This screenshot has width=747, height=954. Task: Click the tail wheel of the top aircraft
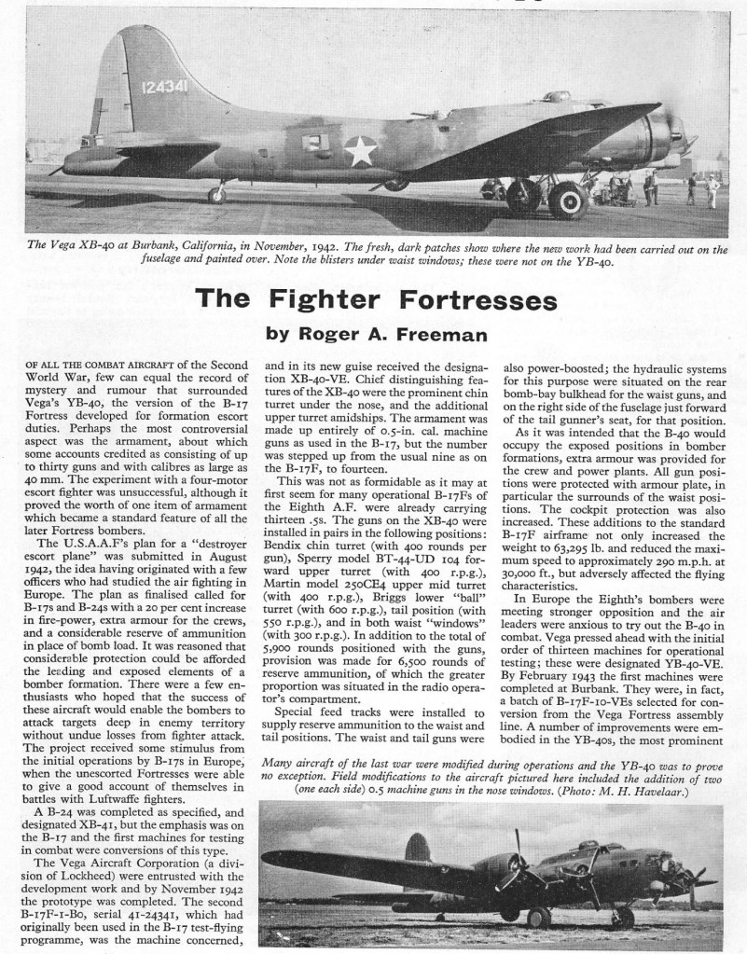pyautogui.click(x=217, y=194)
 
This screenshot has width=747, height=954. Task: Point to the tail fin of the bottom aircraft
pyautogui.click(x=418, y=850)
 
